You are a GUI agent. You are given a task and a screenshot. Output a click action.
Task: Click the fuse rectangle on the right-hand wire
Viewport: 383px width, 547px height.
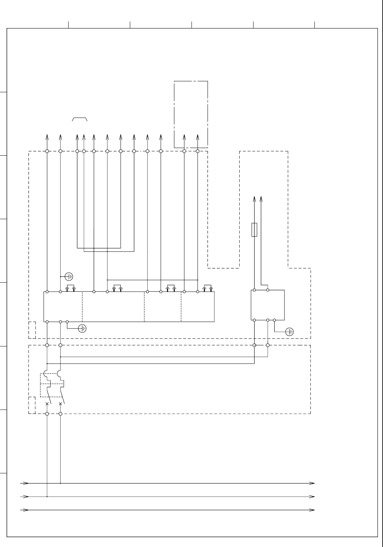pyautogui.click(x=255, y=230)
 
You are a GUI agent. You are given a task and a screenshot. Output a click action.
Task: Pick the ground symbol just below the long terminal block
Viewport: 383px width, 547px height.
pyautogui.click(x=82, y=328)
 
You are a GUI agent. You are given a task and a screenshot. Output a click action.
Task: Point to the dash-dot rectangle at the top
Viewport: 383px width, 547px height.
pyautogui.click(x=191, y=114)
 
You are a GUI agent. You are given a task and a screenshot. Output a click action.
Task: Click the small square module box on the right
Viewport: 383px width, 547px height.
pyautogui.click(x=268, y=305)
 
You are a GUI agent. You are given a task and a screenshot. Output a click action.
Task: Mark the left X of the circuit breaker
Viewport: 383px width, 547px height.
pyautogui.click(x=47, y=404)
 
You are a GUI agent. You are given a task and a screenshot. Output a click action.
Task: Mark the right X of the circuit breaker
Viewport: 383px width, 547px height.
pyautogui.click(x=61, y=404)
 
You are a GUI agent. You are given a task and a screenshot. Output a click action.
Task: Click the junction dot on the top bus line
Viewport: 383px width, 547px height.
pyautogui.click(x=61, y=483)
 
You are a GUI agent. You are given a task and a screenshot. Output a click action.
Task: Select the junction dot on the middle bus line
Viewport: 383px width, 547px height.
pyautogui.click(x=47, y=496)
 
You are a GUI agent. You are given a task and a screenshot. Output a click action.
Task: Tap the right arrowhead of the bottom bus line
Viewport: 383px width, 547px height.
pyautogui.click(x=312, y=509)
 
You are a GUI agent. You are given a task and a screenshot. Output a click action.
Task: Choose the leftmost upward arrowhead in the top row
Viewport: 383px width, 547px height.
pyautogui.click(x=47, y=137)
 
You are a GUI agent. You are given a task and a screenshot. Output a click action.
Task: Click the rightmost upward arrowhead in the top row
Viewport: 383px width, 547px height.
pyautogui.click(x=198, y=137)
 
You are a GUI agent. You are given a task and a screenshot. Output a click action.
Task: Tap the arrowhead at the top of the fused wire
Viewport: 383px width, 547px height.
pyautogui.click(x=255, y=199)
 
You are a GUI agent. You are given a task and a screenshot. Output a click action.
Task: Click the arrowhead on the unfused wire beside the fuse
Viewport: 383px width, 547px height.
pyautogui.click(x=261, y=199)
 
